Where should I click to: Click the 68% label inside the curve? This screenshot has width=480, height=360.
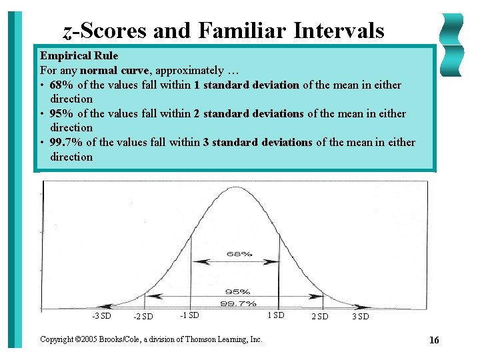pos(239,254)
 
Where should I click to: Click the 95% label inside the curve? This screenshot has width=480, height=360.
pos(238,291)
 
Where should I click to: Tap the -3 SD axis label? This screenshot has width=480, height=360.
pos(101,315)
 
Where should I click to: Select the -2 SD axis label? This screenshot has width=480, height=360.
pos(143,317)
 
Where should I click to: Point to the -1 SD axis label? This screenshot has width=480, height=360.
pos(189,315)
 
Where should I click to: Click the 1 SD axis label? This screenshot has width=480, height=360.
pos(275,315)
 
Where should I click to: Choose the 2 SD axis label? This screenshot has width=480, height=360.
pos(320,317)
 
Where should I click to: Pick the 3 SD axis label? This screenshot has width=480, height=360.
pos(360,317)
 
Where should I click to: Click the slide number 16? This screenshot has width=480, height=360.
pos(434,341)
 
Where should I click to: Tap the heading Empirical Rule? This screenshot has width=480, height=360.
pos(79,55)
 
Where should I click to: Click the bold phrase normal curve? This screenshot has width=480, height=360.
pos(114,70)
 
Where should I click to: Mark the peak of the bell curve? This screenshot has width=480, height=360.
pos(235,185)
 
